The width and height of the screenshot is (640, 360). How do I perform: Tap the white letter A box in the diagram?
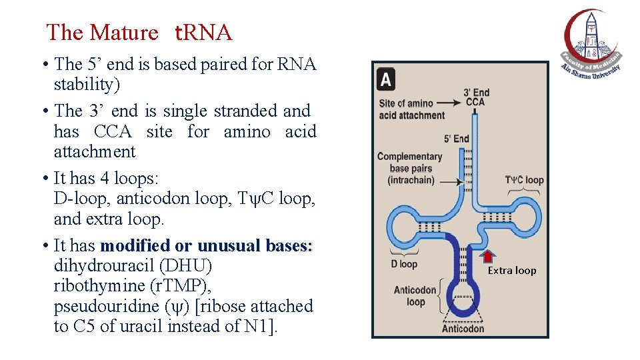click(385, 80)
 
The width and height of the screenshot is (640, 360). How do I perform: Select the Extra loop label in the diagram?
click(512, 270)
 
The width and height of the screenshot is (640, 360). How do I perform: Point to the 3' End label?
click(477, 93)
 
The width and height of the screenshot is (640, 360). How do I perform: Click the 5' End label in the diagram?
click(457, 139)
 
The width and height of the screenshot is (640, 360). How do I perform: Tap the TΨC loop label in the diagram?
click(524, 180)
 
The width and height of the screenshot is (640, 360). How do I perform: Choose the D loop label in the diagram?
click(404, 264)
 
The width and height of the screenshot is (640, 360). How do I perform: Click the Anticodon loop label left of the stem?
click(415, 296)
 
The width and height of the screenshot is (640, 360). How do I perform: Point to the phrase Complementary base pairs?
click(409, 168)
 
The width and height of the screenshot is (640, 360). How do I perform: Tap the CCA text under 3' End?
click(475, 102)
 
